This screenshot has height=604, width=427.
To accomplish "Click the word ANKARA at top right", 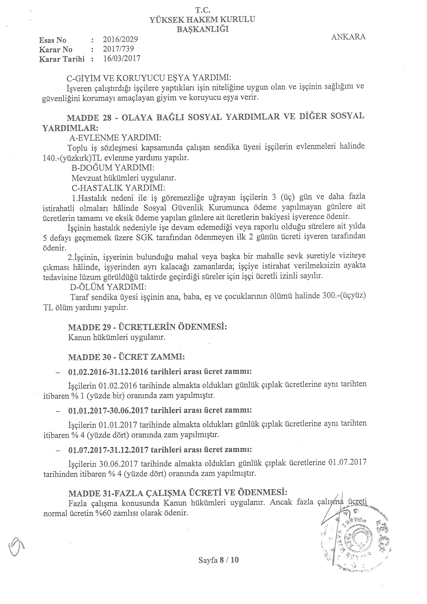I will (348, 37).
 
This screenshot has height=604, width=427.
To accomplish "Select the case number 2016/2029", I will (120, 39).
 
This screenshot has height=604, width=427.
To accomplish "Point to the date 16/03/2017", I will (122, 58).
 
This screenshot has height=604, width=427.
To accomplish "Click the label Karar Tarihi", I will (62, 59).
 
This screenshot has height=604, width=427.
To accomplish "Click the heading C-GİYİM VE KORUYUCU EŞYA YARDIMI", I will (149, 78).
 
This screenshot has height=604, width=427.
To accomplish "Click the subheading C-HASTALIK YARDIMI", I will (118, 188).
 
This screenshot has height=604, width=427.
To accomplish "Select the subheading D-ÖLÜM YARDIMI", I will (108, 286).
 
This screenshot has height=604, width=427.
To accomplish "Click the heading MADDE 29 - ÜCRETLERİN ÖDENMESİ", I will (147, 327).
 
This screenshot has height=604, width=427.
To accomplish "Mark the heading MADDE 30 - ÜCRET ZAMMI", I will (126, 357).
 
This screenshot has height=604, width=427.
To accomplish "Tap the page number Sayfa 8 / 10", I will (218, 560).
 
